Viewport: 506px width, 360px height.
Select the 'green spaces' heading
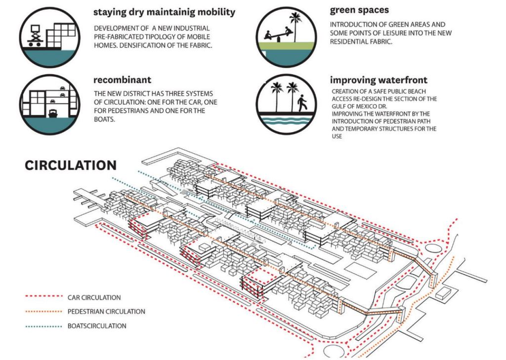point(360,9)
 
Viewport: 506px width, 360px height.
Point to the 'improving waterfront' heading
point(379,80)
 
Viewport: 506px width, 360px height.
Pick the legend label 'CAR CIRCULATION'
point(94,297)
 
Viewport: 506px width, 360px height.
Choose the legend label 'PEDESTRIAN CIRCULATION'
point(106,312)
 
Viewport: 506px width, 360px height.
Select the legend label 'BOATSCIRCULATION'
point(97,326)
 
